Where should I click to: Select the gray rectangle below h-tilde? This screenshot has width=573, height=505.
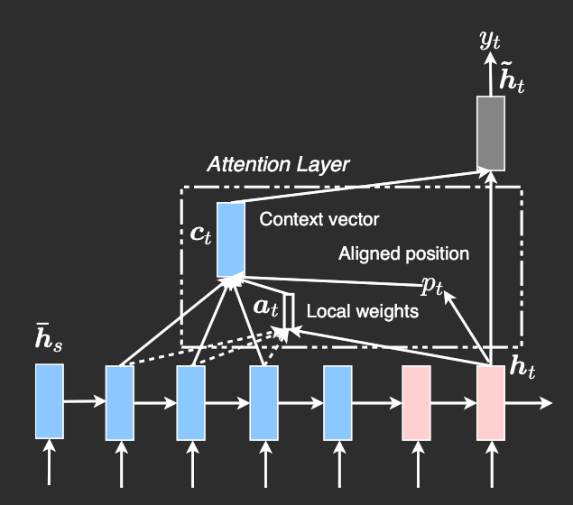coord(491,133)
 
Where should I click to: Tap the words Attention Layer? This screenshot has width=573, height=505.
coord(278,164)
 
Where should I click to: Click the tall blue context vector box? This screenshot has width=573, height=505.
coord(231,239)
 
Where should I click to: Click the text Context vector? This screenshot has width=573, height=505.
coord(319,219)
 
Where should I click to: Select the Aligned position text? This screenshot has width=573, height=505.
coord(403,253)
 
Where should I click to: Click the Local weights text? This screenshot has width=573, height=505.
coord(363,312)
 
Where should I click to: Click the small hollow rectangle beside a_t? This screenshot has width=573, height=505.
coord(289,311)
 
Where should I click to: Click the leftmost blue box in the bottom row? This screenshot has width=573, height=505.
coord(50,401)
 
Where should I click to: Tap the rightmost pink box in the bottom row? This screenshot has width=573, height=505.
coord(491,401)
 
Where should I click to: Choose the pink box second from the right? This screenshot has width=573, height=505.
coord(416,401)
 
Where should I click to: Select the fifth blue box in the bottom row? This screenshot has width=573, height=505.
coord(337,401)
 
